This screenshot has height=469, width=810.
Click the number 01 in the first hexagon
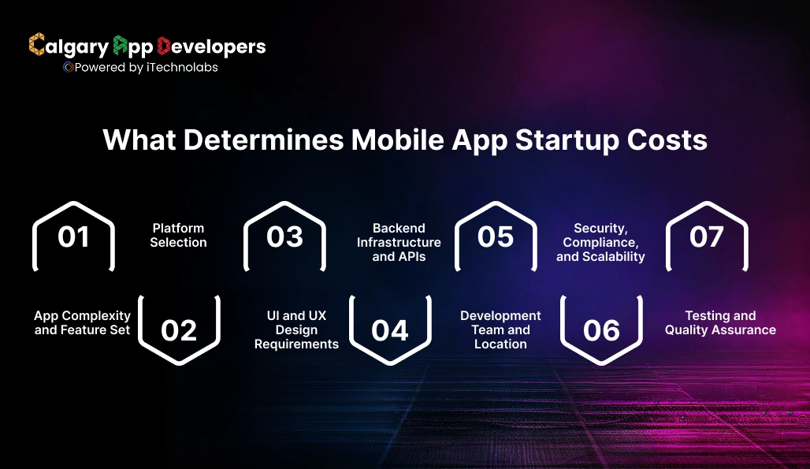pos(73,236)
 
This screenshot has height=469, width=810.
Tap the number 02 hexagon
pos(179,330)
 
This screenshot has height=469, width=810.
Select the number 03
pos(284,236)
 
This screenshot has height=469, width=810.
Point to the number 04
pos(390,330)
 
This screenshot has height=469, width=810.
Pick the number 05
pos(496,236)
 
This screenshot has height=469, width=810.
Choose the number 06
pos(601,330)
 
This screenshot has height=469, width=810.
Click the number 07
pos(706,236)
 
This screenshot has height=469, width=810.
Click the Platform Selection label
pos(179,235)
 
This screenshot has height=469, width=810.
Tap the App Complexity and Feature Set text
pos(83,322)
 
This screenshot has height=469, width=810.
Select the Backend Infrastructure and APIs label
pos(399,242)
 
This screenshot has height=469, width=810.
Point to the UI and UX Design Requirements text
pos(296,329)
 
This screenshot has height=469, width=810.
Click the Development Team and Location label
pos(500,329)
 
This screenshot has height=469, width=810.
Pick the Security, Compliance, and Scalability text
pos(600,242)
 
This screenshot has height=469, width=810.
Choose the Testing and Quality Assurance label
pos(720,322)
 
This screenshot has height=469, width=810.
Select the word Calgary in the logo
pos(69,47)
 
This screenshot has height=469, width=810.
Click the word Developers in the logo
pos(212,47)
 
